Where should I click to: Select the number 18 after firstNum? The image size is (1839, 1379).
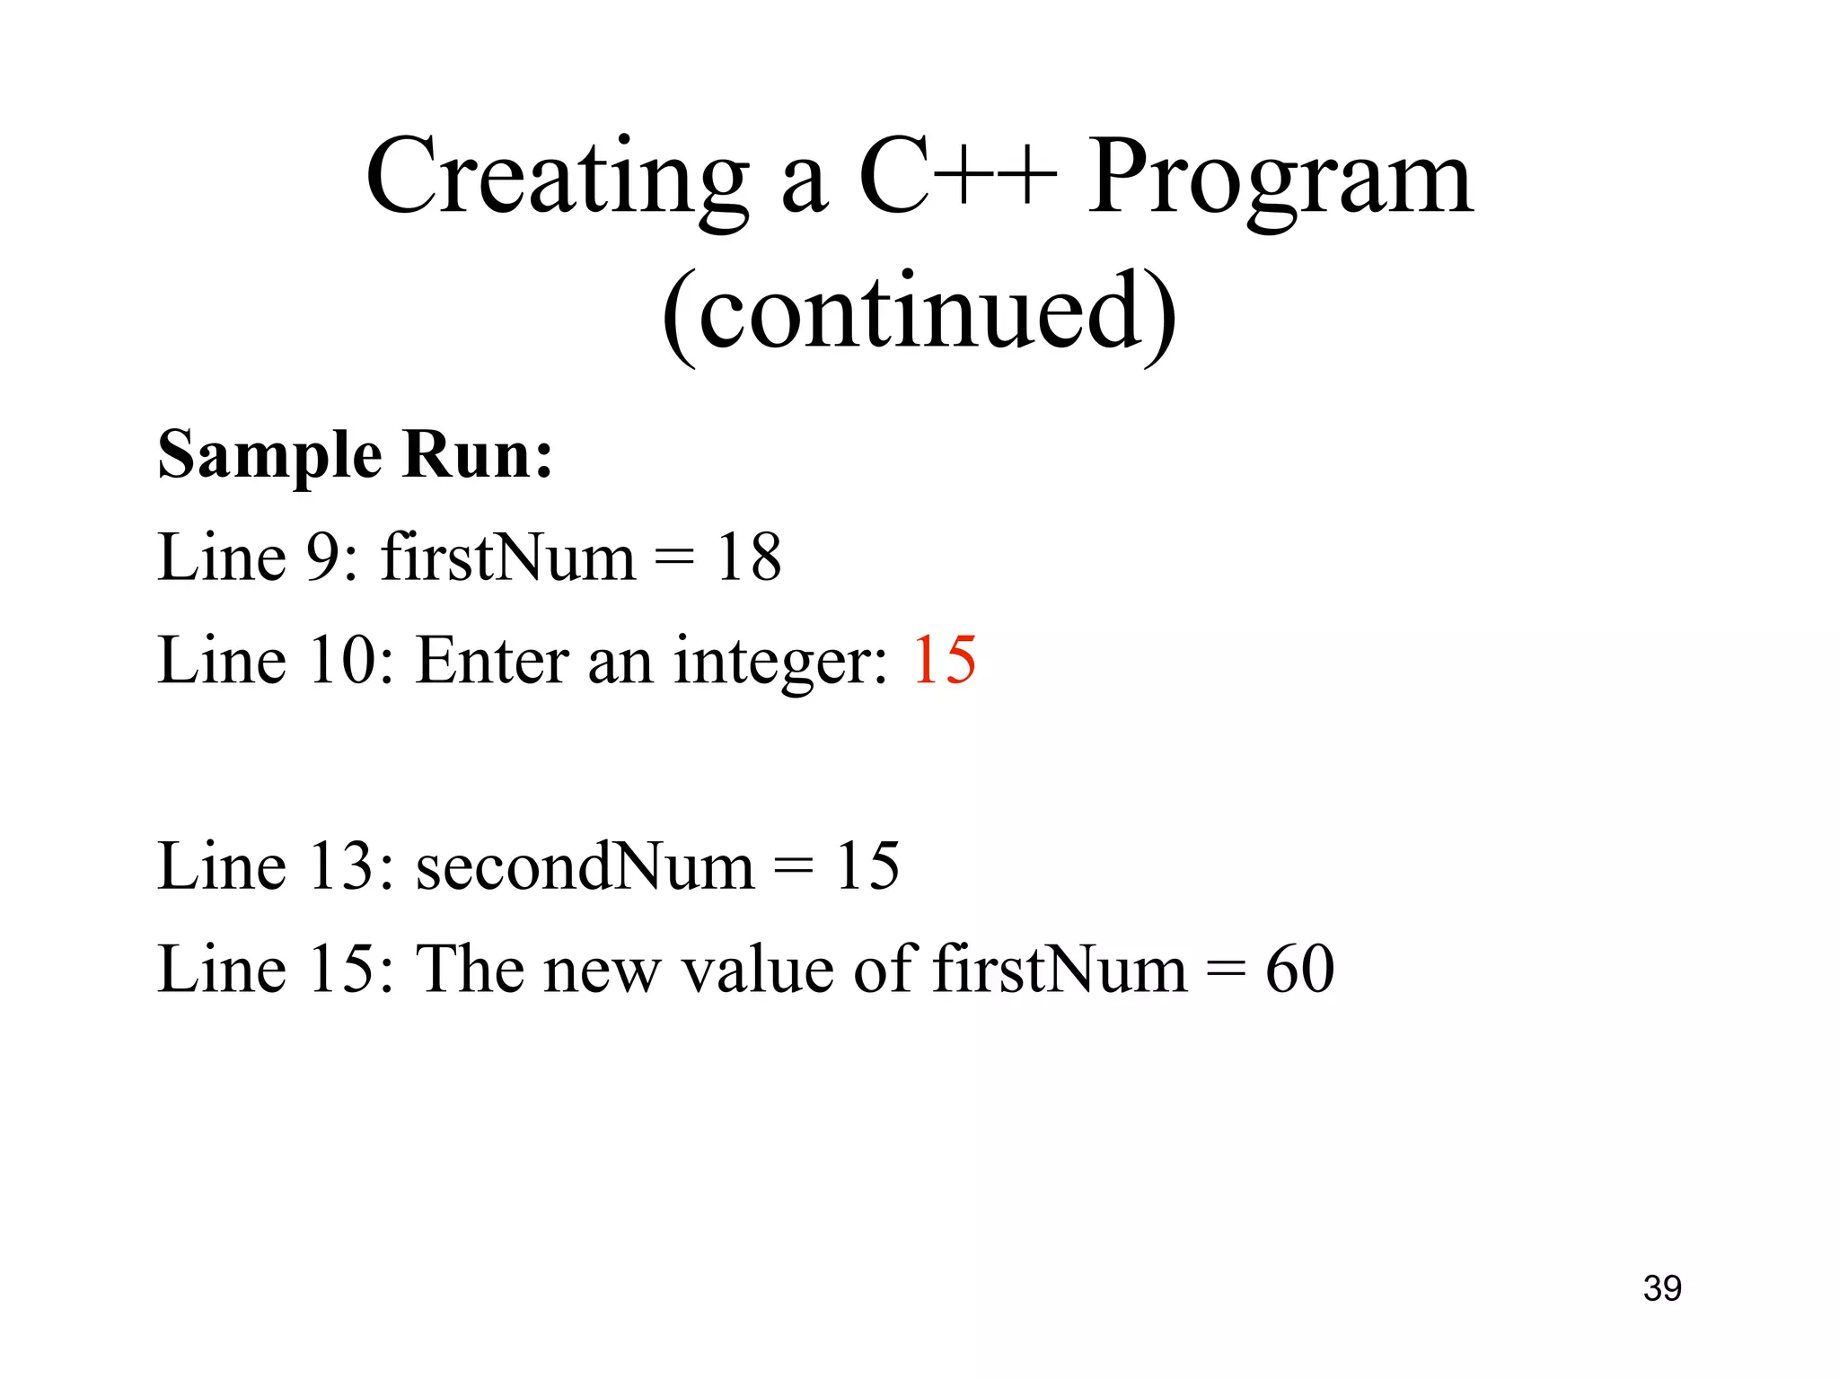[x=748, y=558]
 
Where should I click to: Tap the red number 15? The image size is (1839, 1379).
[x=944, y=661]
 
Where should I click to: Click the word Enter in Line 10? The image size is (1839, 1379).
[x=492, y=661]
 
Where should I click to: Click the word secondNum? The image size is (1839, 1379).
[x=585, y=866]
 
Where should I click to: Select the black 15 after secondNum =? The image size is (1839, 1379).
[x=867, y=866]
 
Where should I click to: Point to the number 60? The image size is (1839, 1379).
[x=1299, y=970]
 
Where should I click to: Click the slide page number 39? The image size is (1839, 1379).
[x=1662, y=1288]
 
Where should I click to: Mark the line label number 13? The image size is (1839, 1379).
[x=351, y=866]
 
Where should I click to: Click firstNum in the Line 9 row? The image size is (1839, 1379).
[x=508, y=558]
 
